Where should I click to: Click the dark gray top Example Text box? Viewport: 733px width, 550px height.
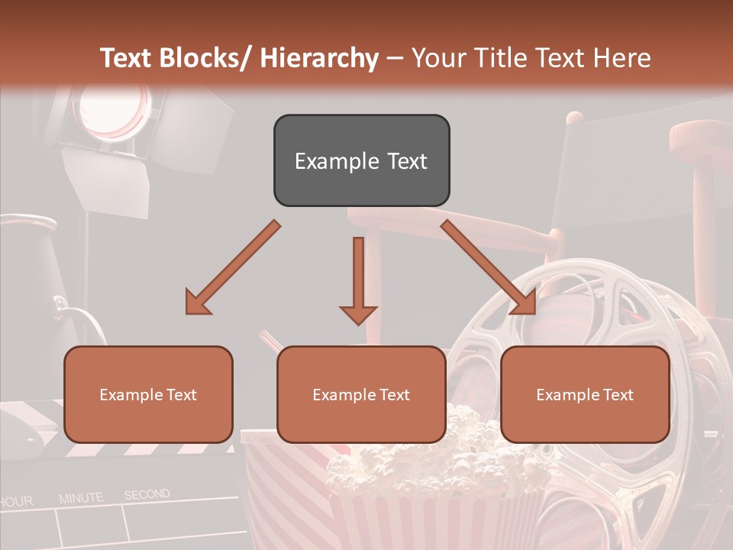(x=361, y=160)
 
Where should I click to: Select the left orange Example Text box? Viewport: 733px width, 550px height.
(x=148, y=394)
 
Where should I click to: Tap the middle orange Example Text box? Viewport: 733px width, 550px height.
(x=361, y=394)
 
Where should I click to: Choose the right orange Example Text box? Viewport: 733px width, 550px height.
(x=585, y=394)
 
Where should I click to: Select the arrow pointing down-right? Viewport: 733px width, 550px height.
(x=489, y=267)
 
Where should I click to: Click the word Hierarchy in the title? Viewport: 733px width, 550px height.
(x=319, y=58)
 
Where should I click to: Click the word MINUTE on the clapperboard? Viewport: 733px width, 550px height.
(x=81, y=498)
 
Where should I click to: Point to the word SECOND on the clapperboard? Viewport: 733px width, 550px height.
(x=147, y=495)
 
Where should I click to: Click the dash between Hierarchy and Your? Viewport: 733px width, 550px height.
(x=395, y=58)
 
